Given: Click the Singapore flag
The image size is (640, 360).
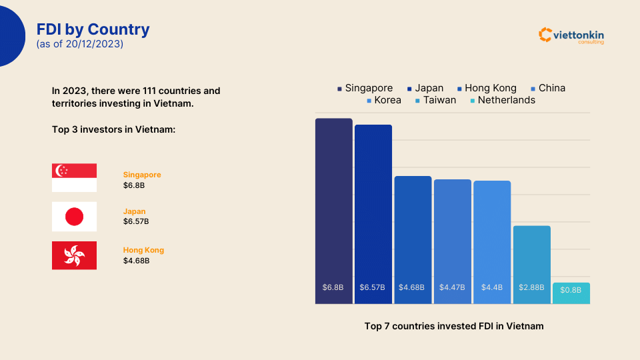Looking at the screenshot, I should pyautogui.click(x=74, y=178).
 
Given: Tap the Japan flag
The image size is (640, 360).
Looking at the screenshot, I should pyautogui.click(x=74, y=217).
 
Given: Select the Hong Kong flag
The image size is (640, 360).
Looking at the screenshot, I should pyautogui.click(x=74, y=255).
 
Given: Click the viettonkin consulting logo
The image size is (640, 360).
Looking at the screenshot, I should pyautogui.click(x=571, y=35).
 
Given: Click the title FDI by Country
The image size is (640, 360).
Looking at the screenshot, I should pyautogui.click(x=93, y=29).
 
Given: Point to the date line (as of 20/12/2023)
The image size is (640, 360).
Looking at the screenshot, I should pyautogui.click(x=80, y=44).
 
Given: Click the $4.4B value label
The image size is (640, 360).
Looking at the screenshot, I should pyautogui.click(x=492, y=287).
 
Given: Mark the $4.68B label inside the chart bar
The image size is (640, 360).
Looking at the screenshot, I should pyautogui.click(x=412, y=287).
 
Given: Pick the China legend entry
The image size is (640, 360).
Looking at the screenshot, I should pyautogui.click(x=547, y=88).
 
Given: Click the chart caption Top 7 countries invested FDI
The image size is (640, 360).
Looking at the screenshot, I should pyautogui.click(x=454, y=326).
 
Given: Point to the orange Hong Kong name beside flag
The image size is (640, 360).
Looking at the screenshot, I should pyautogui.click(x=143, y=250).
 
